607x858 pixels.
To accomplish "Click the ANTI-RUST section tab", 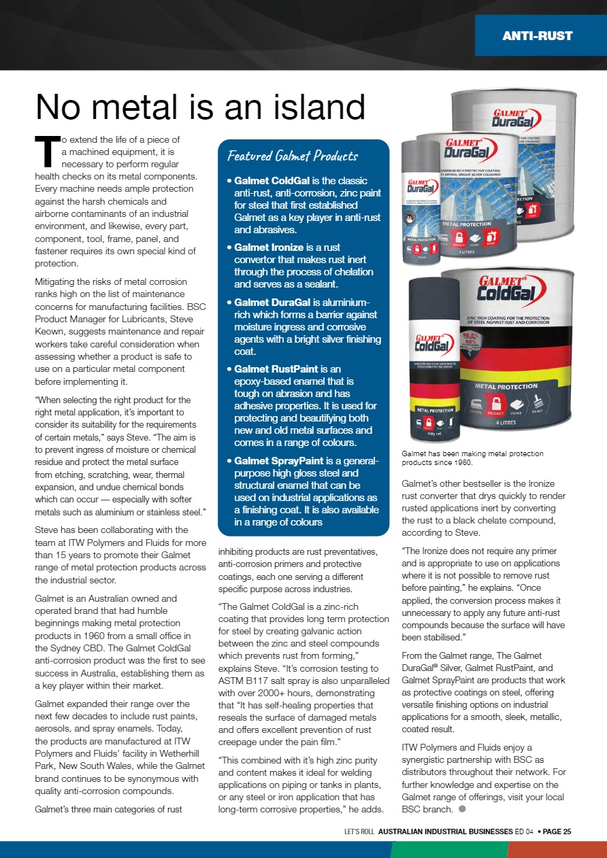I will coord(537,35).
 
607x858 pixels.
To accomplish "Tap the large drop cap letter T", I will coord(45,150).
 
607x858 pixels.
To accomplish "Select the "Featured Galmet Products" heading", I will coord(293,156).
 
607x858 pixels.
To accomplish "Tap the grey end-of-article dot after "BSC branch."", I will coord(461,809).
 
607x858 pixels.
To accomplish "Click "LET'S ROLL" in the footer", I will coord(360,831).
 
